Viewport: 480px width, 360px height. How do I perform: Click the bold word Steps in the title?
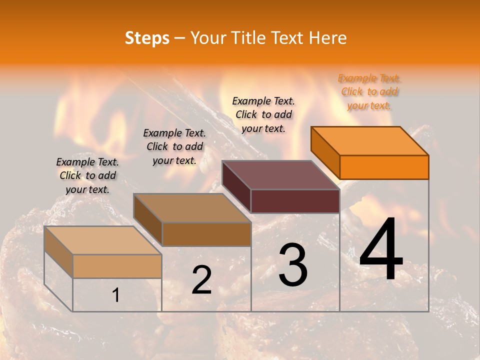point(147,38)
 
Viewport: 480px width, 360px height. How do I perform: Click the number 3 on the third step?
point(292,265)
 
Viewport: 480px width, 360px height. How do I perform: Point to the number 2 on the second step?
point(201,280)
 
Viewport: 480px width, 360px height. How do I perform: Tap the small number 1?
point(115,295)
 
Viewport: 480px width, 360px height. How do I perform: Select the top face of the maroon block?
point(280,175)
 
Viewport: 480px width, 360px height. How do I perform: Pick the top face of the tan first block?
point(103,240)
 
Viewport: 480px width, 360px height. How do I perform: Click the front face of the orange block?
point(384,167)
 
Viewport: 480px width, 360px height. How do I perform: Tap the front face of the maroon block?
point(295,201)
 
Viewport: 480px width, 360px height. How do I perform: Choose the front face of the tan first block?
point(117,266)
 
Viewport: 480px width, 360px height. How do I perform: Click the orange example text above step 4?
point(369,91)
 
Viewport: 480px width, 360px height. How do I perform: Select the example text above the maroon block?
point(263,114)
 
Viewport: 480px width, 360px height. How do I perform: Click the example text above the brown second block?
point(174,146)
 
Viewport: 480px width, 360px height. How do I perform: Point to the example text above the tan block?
point(87,175)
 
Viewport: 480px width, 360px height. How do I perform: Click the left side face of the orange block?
point(325,152)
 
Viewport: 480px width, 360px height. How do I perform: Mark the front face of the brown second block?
point(206,234)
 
